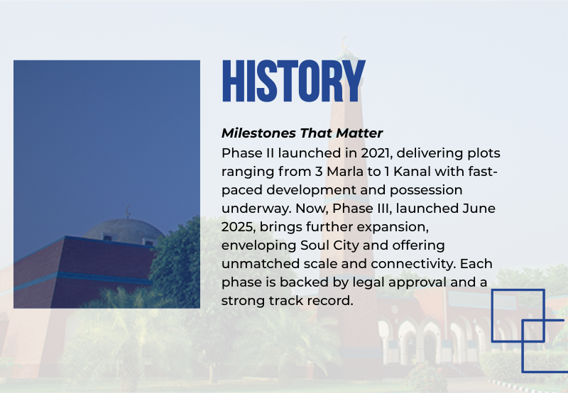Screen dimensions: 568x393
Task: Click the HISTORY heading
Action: click(293, 81)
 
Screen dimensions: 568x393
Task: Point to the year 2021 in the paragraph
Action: click(376, 153)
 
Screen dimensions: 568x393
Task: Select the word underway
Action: click(256, 209)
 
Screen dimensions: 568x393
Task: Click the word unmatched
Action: click(261, 264)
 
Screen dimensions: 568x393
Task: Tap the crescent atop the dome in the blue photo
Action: click(128, 211)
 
